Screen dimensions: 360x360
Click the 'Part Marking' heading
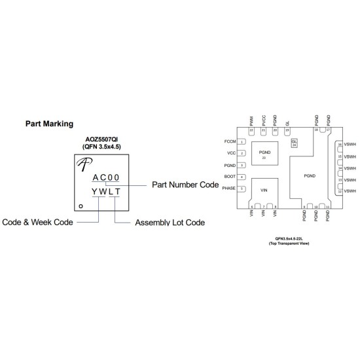(x=48, y=122)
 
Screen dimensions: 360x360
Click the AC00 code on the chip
(x=105, y=177)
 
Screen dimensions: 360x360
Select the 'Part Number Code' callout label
(x=185, y=185)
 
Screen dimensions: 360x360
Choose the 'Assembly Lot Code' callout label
(x=170, y=223)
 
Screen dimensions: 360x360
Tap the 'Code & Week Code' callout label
(x=37, y=222)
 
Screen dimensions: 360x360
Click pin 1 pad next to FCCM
(x=242, y=141)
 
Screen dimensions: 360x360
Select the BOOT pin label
(x=229, y=177)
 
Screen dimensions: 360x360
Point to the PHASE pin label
(x=228, y=189)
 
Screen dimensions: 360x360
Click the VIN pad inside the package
(x=264, y=190)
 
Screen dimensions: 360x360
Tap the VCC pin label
(x=230, y=153)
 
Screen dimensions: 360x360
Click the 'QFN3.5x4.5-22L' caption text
(x=287, y=240)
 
